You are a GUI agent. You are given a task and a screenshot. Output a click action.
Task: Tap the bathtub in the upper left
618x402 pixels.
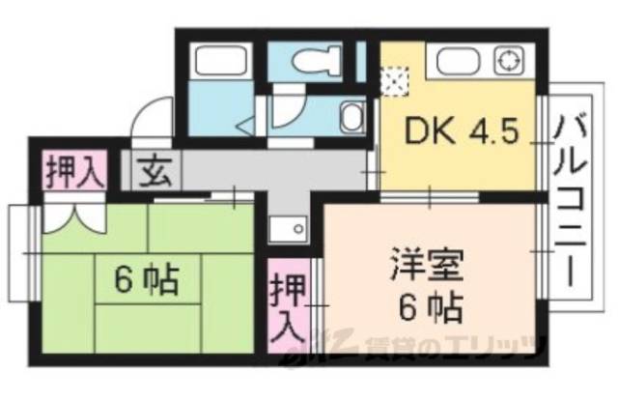coord(219,62)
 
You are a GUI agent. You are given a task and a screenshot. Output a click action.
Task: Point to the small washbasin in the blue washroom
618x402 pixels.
coord(351,120)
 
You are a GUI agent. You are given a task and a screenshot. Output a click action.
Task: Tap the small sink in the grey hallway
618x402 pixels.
coord(288,228)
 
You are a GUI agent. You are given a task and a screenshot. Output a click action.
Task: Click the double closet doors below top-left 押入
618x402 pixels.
coord(72,215)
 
